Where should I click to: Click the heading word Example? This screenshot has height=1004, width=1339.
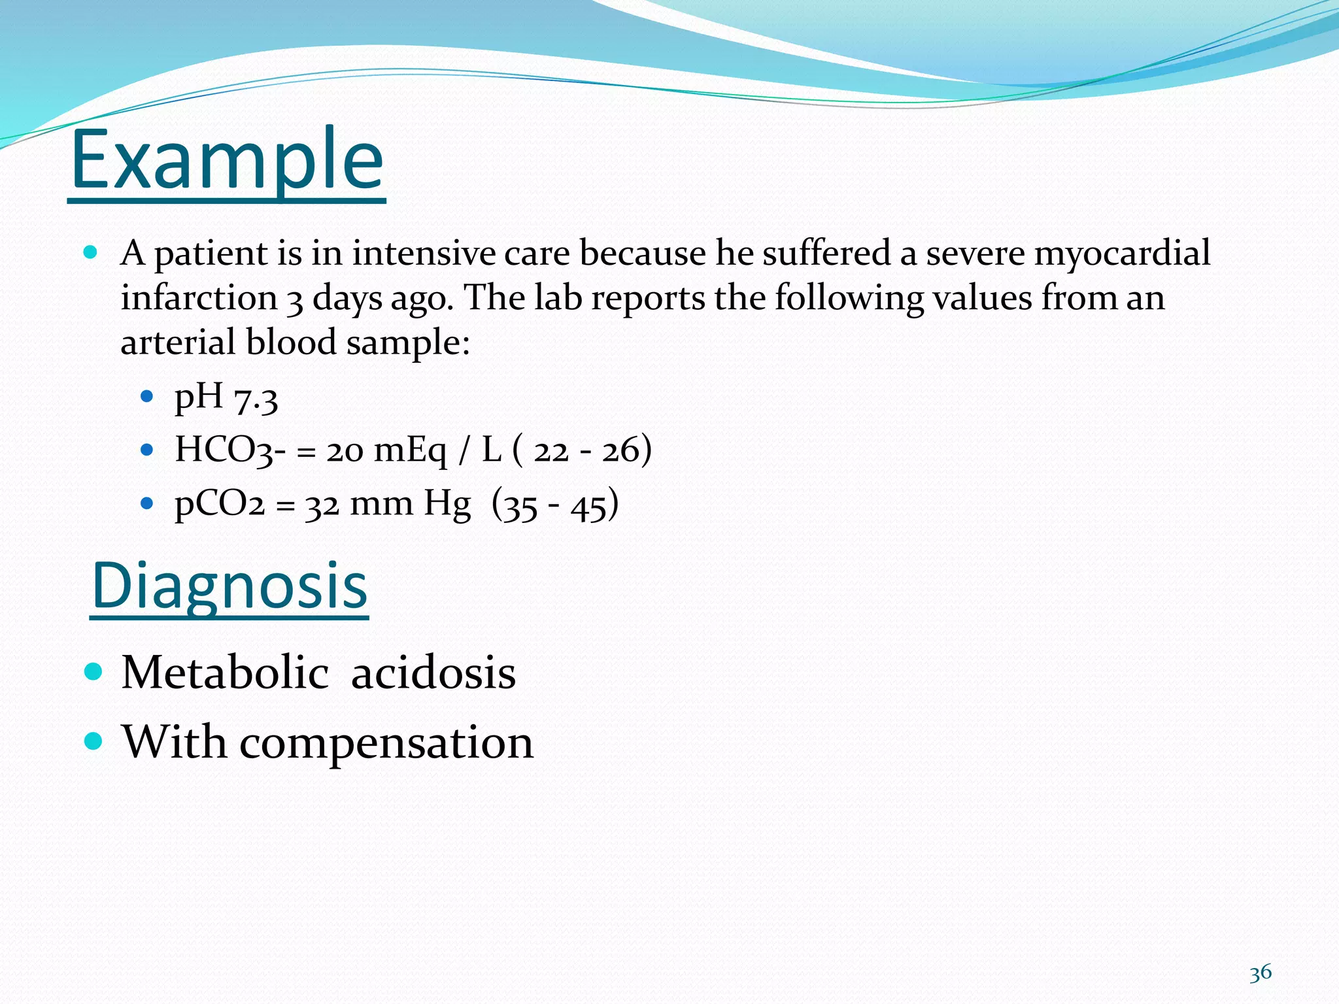(x=227, y=160)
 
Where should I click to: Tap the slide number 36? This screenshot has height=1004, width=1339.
(x=1260, y=973)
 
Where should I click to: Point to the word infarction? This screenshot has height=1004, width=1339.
(x=199, y=298)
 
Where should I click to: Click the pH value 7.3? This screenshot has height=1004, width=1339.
(x=256, y=399)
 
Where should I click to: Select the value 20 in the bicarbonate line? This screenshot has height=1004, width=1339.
(x=345, y=451)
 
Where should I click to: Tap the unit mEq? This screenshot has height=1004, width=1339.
(x=411, y=451)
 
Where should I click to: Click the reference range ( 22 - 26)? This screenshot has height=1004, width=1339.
(x=581, y=450)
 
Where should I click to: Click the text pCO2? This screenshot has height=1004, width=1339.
(x=220, y=504)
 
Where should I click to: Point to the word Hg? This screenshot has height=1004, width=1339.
(x=447, y=504)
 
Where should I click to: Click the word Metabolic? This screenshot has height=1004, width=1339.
(x=225, y=673)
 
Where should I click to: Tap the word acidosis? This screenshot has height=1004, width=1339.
(x=433, y=673)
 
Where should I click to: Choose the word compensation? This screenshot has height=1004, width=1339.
(x=386, y=743)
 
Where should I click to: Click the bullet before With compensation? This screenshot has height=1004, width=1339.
(x=94, y=741)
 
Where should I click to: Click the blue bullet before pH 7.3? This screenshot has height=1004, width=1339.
(x=147, y=396)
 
